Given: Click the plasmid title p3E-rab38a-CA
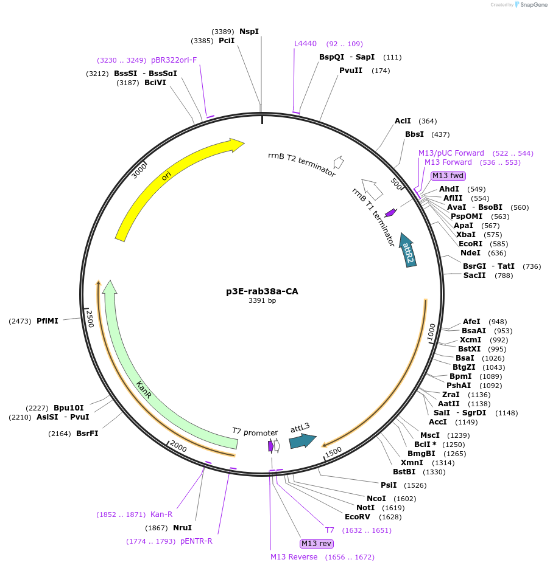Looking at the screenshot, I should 262,291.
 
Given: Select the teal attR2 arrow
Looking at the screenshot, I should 407,250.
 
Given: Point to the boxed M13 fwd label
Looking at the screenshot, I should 448,176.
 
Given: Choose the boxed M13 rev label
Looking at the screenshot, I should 317,543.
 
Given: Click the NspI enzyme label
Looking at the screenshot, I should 249,31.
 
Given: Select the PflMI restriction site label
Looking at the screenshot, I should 47,320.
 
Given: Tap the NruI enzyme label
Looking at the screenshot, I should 182,527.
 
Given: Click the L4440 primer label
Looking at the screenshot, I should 305,44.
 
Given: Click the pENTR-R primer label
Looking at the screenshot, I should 196,541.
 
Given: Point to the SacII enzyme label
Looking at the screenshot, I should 474,275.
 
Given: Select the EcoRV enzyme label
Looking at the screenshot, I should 357,517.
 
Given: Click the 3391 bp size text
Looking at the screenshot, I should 262,301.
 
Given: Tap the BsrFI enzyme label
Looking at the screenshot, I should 87,434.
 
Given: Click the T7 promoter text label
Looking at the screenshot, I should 255,431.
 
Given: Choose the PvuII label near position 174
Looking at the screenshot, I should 351,71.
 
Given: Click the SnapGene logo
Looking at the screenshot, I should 531,5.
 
